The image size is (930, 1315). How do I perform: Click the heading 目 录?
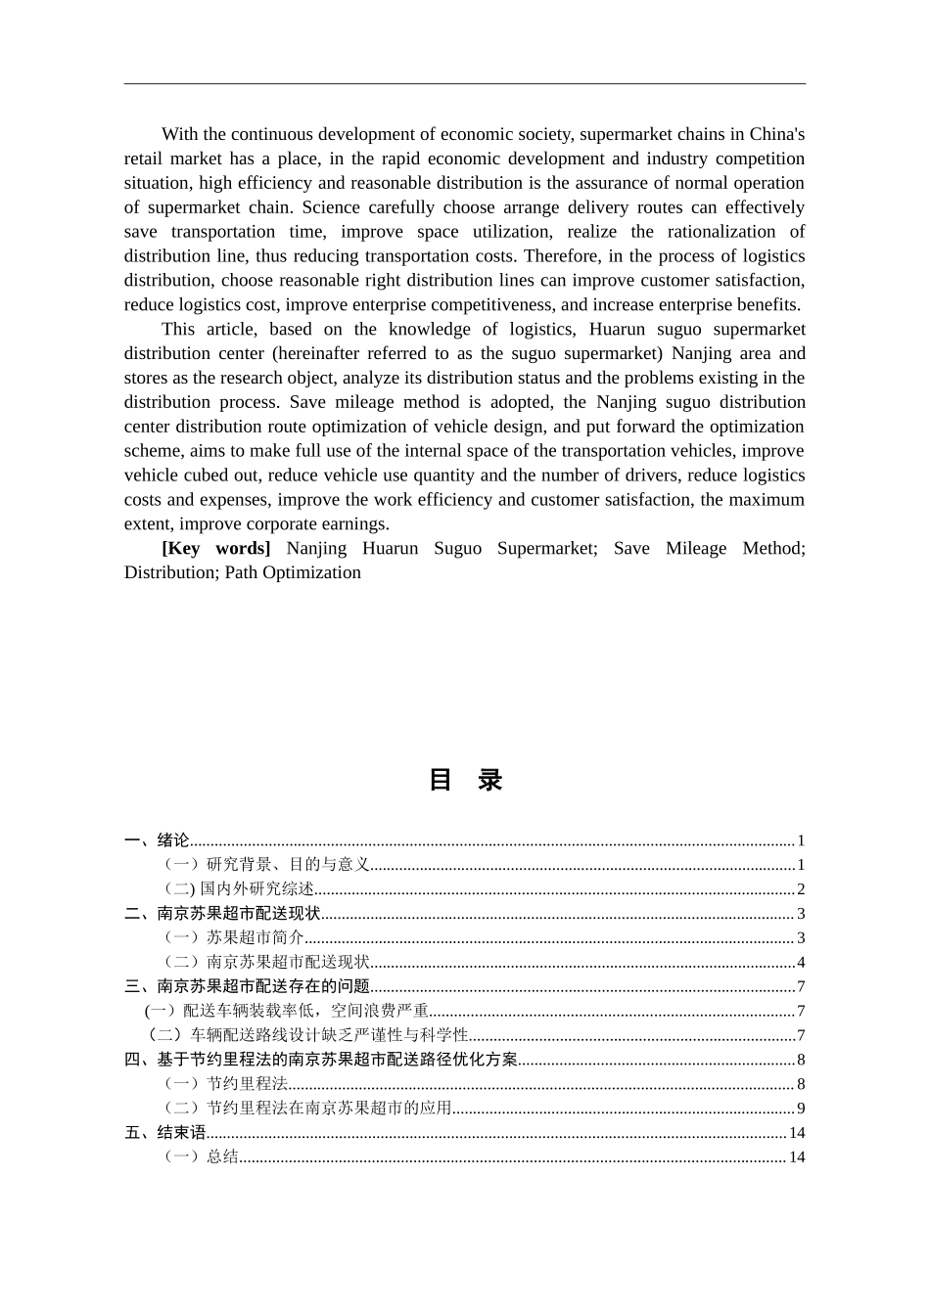tap(465, 780)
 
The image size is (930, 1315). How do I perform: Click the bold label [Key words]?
tap(215, 548)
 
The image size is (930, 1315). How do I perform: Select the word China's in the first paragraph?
tap(772, 134)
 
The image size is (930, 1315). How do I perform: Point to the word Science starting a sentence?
tap(333, 207)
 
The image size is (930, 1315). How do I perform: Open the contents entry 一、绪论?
tap(157, 840)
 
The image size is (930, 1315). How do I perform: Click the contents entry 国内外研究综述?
tap(256, 888)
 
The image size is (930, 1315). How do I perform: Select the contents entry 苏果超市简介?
tap(256, 937)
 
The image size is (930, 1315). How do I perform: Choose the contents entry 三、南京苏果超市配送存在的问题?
tap(247, 986)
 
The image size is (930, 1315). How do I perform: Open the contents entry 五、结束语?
tap(165, 1133)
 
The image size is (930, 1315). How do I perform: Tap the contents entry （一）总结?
tap(202, 1157)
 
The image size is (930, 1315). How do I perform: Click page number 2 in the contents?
tap(800, 888)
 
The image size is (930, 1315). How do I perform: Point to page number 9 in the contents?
tap(800, 1109)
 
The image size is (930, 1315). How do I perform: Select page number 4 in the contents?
tap(800, 963)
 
